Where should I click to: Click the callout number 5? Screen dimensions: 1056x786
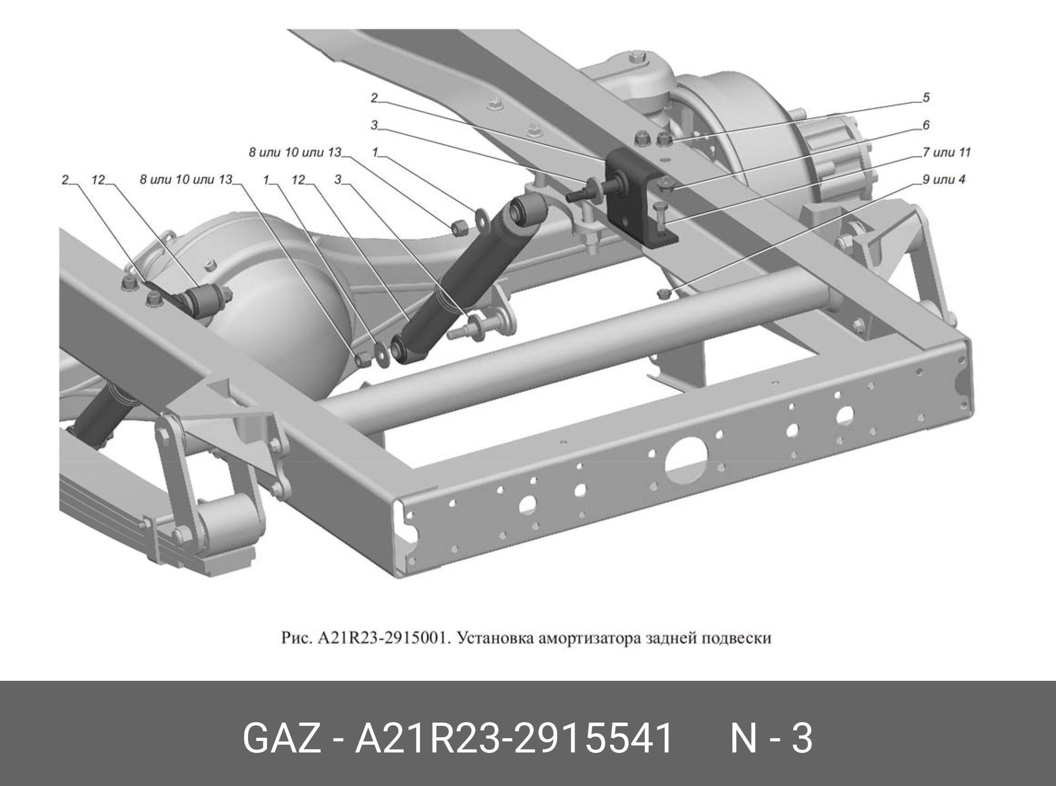coord(926,97)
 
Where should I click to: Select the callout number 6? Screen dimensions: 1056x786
coord(926,125)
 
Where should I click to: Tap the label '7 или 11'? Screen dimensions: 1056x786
coord(946,152)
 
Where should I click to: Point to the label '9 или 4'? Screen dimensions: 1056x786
coord(944,180)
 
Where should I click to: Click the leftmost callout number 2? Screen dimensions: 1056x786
coord(65,180)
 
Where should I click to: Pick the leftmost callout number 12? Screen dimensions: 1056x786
coord(98,180)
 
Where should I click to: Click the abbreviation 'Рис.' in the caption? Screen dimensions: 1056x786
coord(296,639)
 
